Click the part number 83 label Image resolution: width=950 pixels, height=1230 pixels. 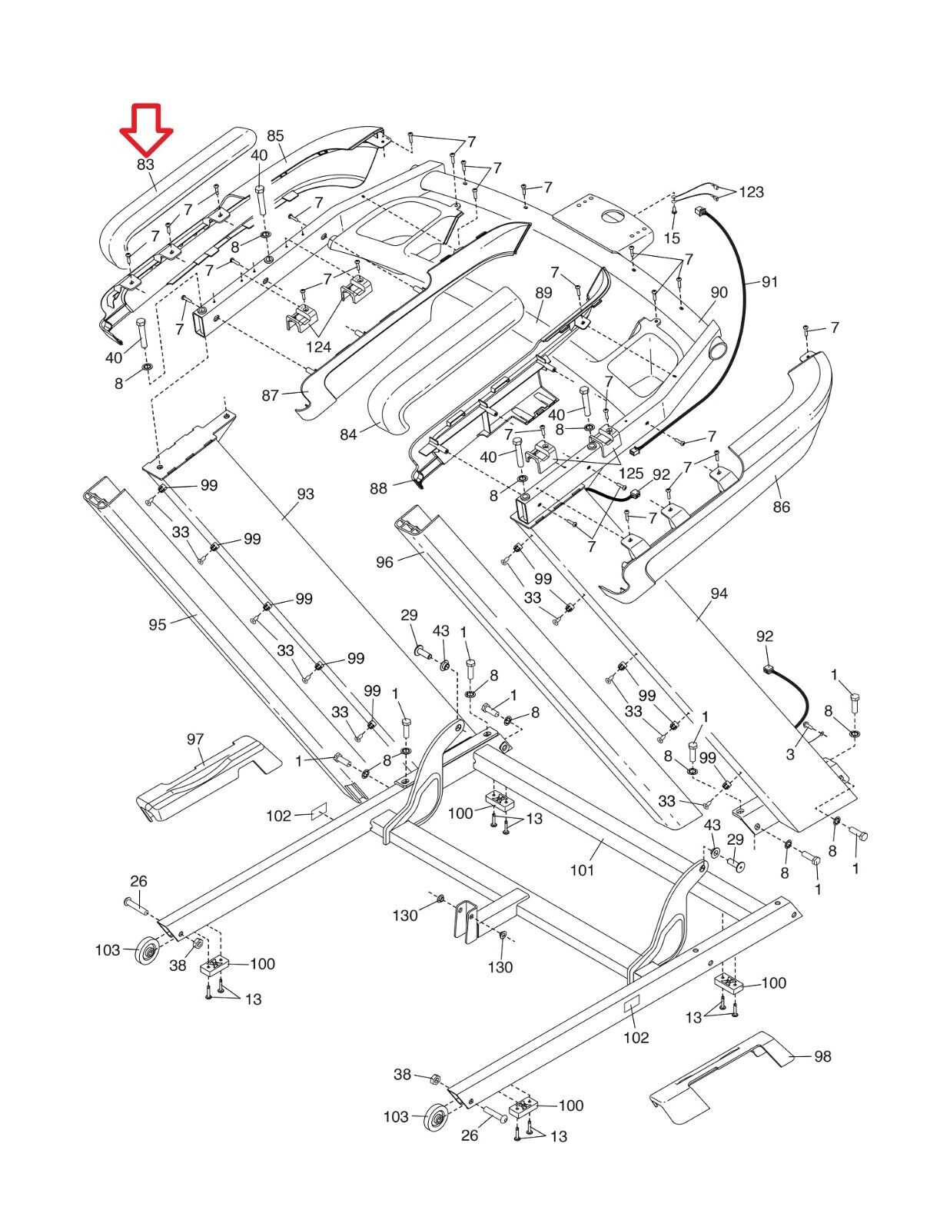146,165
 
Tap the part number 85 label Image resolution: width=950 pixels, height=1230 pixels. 275,136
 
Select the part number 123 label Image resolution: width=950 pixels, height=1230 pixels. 752,191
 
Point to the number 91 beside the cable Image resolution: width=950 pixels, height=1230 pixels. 769,282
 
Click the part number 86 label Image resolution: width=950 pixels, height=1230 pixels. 782,507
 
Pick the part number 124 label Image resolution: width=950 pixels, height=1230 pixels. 318,347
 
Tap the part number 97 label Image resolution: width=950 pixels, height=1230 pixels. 195,740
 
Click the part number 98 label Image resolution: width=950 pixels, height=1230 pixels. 822,1056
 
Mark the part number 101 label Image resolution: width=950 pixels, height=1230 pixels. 582,870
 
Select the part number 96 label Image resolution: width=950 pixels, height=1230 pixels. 384,562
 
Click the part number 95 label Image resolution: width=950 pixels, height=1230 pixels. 158,624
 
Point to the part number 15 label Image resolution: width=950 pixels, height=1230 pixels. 673,238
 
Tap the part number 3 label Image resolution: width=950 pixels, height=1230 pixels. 790,755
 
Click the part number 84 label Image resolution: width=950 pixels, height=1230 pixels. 348,434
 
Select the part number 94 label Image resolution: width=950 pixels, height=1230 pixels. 719,593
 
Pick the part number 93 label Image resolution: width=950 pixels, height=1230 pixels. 305,494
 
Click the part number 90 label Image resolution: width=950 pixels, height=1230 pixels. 719,292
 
